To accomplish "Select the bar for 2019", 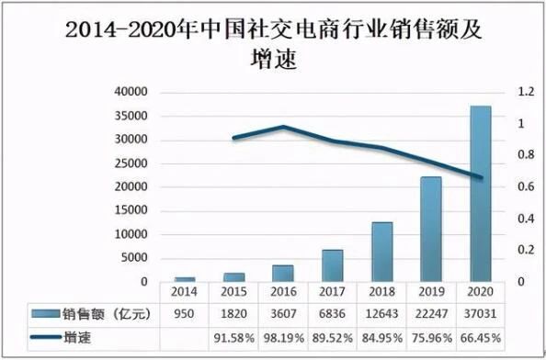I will point(431,229).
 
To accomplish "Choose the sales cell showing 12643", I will point(381,314).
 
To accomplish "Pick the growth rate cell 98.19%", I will point(283,339).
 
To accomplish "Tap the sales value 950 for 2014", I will point(185,314).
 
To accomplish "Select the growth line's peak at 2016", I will point(283,127).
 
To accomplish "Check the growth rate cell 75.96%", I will point(431,339).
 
